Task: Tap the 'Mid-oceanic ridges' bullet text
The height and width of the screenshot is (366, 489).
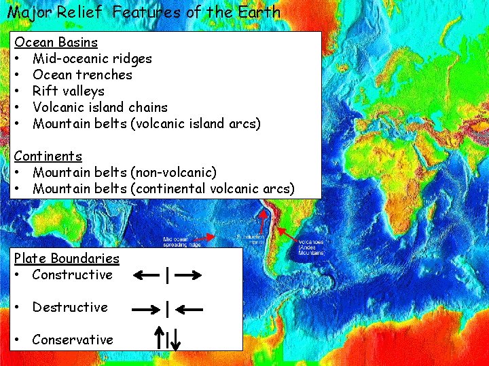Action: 92,58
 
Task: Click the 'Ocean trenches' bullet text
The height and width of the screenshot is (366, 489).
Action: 82,75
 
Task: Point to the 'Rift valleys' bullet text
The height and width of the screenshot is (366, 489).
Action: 69,91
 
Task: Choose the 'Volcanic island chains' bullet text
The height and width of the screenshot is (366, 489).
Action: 100,107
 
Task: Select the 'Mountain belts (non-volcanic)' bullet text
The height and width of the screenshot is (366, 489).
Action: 124,172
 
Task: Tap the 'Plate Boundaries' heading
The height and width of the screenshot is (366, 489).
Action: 67,258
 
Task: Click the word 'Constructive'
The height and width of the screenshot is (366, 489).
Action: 72,274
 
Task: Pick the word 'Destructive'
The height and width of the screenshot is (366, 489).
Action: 70,307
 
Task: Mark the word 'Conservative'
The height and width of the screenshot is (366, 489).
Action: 73,340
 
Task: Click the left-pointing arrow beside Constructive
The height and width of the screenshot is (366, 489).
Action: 146,275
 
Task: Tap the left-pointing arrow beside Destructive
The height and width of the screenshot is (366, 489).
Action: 188,308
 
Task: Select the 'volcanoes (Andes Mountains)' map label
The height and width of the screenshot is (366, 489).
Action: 311,247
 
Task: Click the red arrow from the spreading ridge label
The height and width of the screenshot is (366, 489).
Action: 204,238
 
